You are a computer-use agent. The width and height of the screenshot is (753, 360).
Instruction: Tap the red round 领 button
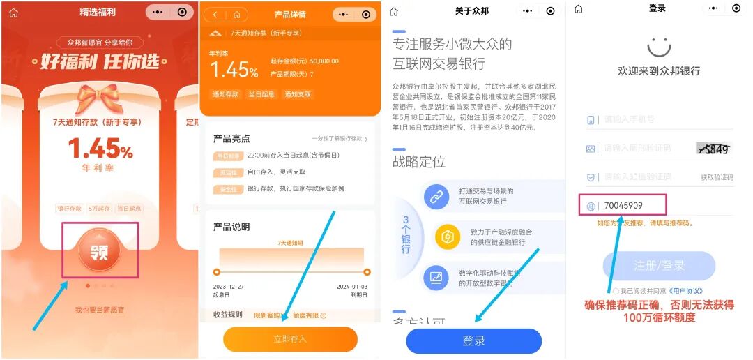tap(100, 250)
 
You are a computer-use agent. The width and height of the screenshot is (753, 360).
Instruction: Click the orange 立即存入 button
tap(290, 339)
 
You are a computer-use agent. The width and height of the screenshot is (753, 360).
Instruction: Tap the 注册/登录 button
tap(659, 266)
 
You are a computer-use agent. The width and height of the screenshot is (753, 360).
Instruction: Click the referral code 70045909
tap(623, 206)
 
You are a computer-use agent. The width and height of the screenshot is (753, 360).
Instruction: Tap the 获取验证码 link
tap(717, 178)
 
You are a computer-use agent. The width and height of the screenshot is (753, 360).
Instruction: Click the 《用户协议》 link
tap(685, 291)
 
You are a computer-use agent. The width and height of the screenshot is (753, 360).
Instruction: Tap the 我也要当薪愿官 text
tap(100, 310)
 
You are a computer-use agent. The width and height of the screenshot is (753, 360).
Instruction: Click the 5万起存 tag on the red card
tap(100, 209)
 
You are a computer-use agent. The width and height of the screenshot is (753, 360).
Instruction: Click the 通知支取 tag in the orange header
tap(298, 94)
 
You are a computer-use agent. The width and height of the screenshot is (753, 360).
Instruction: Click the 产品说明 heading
tap(231, 227)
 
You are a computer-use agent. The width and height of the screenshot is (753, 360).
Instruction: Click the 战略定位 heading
tap(419, 162)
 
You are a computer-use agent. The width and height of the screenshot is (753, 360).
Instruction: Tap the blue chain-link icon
tap(436, 197)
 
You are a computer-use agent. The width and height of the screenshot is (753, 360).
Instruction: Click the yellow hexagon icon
tap(448, 237)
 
